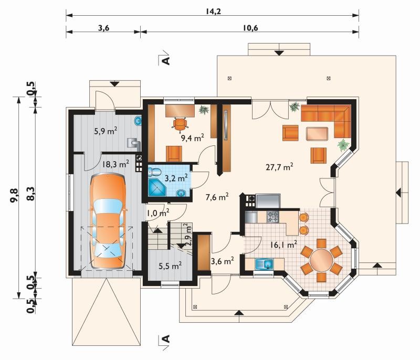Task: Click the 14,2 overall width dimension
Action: point(213,11)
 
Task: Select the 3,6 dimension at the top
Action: point(103,28)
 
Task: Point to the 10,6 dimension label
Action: point(250,28)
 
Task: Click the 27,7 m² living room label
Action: point(279,167)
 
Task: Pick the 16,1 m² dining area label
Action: point(283,244)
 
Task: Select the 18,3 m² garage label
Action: point(115,164)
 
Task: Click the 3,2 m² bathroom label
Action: point(176,178)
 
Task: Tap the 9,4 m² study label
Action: point(193,138)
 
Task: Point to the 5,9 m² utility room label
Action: point(106,131)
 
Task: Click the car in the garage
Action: point(108,220)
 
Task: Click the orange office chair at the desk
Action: point(180,124)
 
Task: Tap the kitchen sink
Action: point(264,264)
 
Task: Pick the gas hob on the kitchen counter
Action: point(273,217)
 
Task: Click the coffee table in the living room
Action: point(317,134)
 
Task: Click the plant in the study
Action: point(204,110)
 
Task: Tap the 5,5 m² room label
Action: point(170,266)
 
